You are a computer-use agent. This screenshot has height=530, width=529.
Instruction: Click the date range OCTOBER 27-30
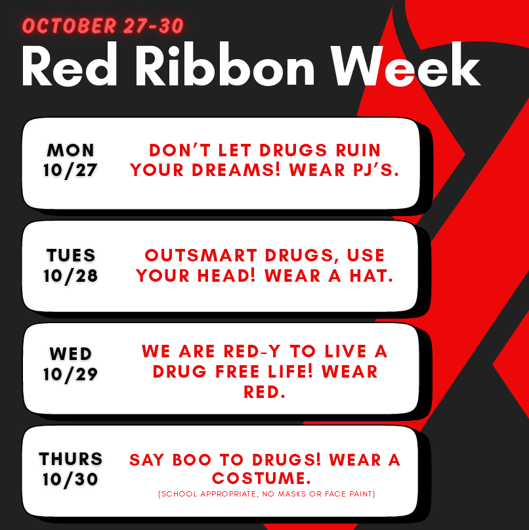[x=103, y=26]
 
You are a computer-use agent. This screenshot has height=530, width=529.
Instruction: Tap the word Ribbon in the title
[x=225, y=65]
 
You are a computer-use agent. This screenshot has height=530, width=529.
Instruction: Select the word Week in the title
[x=406, y=65]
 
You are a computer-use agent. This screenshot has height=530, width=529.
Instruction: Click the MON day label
[x=70, y=150]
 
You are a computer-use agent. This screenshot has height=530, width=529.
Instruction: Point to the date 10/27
[x=70, y=170]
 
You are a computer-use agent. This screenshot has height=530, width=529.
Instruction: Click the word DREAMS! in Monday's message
[x=236, y=169]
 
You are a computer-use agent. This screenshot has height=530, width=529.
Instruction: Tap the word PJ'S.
[x=376, y=169]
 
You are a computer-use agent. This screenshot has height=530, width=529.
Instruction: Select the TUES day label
[x=71, y=255]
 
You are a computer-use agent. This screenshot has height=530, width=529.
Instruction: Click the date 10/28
[x=71, y=276]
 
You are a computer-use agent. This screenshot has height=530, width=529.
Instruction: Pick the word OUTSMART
[x=201, y=255]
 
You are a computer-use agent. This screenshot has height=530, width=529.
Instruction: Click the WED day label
[x=71, y=354]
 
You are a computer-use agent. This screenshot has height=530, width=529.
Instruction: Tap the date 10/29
[x=71, y=374]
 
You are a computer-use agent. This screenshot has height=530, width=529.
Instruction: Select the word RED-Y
[x=252, y=351]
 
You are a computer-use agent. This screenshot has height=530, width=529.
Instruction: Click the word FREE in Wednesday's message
[x=238, y=372]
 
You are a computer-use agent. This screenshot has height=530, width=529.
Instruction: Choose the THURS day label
[x=71, y=459]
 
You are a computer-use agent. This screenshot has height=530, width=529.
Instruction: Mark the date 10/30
[x=70, y=479]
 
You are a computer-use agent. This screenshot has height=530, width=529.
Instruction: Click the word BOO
[x=192, y=460]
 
